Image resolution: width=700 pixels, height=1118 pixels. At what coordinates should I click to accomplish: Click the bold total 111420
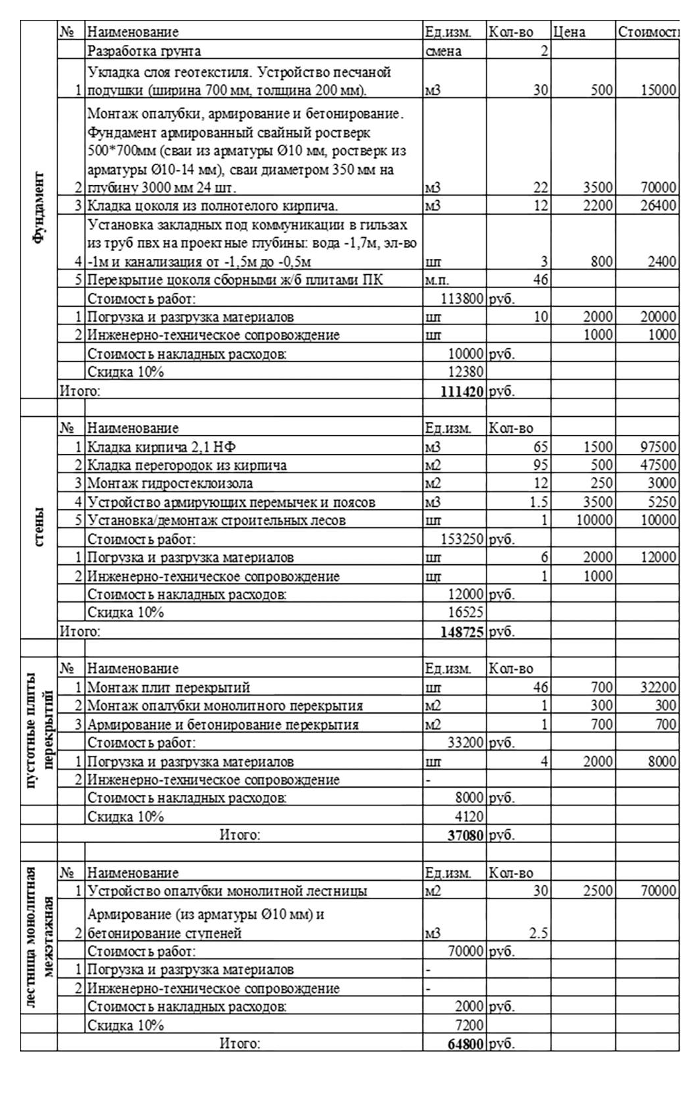(x=462, y=391)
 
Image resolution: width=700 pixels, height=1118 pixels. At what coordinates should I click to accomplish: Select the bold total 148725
(x=462, y=632)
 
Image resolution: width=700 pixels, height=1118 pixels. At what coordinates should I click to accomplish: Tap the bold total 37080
(x=465, y=835)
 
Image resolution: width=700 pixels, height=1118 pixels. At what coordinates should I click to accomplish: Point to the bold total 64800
(x=465, y=1045)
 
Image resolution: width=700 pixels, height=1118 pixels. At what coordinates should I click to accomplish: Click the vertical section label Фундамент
(x=39, y=208)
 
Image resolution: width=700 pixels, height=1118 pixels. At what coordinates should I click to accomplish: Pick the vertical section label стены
(x=39, y=527)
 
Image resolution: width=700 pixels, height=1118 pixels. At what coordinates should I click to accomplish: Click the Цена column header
(x=569, y=32)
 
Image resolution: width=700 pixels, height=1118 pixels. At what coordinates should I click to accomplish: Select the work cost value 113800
(x=462, y=299)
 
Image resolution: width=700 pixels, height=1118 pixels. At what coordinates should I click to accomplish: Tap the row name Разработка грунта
(x=144, y=51)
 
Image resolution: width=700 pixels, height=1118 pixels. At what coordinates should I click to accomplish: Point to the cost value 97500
(x=658, y=447)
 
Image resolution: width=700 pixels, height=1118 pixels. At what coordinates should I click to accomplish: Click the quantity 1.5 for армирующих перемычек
(x=539, y=502)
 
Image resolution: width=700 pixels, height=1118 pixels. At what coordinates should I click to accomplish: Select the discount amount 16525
(x=465, y=613)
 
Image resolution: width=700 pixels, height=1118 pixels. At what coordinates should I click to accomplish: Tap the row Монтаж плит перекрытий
(x=169, y=688)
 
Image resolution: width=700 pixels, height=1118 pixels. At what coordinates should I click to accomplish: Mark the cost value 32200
(x=658, y=688)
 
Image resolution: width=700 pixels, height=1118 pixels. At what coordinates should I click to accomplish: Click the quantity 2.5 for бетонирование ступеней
(x=539, y=934)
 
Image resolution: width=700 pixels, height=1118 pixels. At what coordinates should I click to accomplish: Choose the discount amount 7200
(x=469, y=1025)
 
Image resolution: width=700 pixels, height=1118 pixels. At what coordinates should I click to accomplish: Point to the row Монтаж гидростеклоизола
(x=170, y=484)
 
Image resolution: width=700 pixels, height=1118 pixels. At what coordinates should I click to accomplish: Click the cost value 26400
(x=658, y=206)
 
